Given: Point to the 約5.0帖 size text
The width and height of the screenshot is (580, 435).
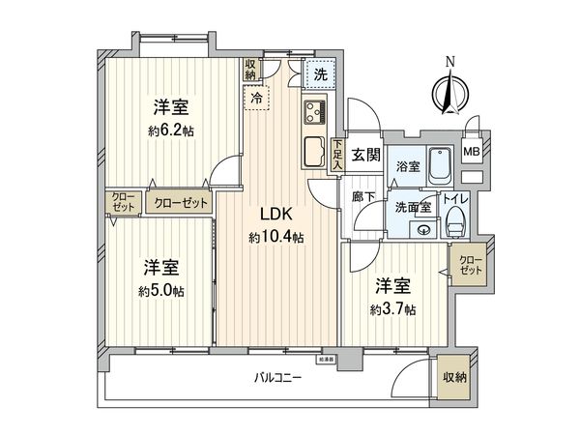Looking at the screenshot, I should click(159, 291).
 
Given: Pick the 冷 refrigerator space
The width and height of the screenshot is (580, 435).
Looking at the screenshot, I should click(257, 97).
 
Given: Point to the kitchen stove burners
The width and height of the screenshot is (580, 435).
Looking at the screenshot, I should click(316, 114).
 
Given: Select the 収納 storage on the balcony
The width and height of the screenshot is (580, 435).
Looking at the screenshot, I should click(453, 377).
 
